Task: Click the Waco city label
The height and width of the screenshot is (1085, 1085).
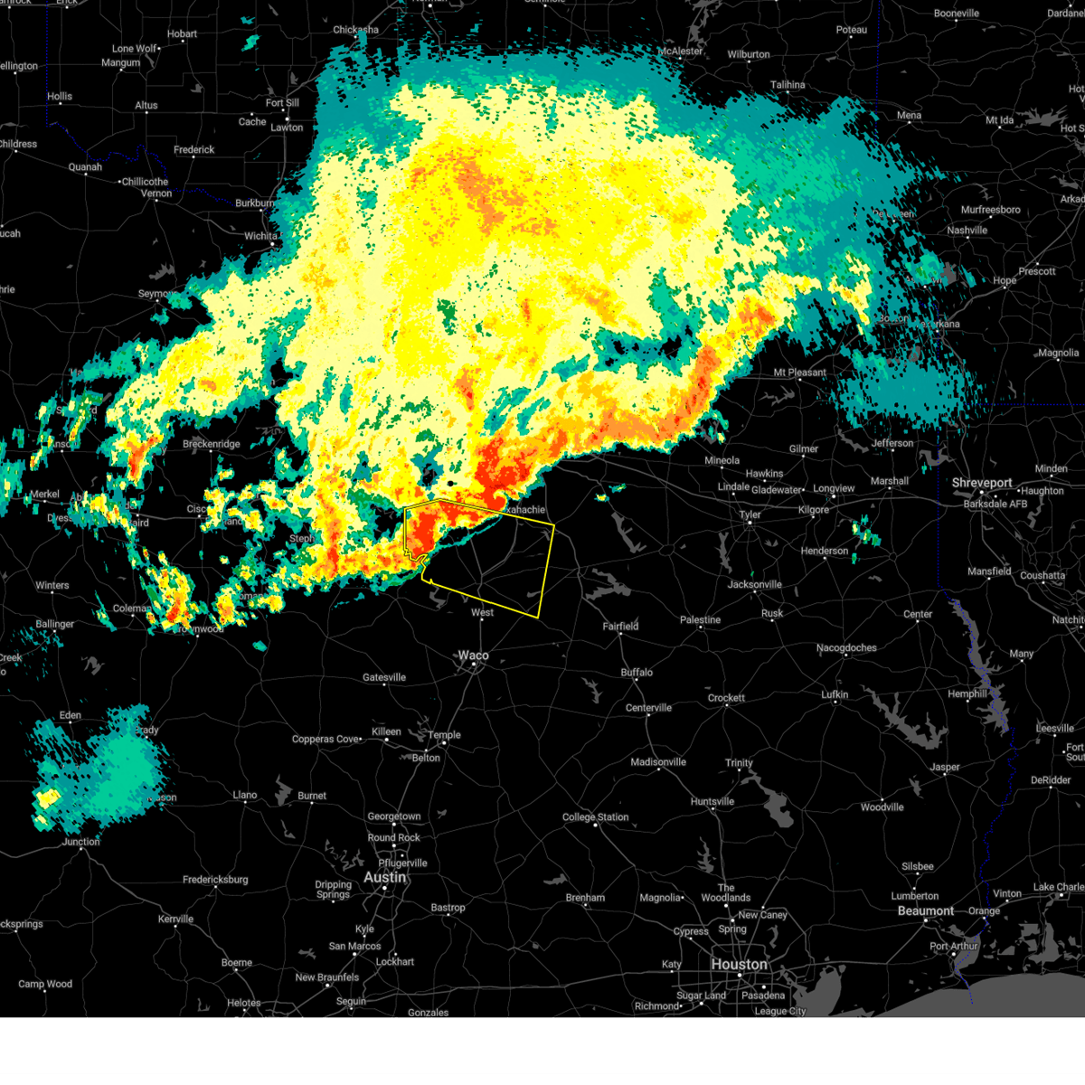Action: point(473,656)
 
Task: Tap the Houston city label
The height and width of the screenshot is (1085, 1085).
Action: point(739,964)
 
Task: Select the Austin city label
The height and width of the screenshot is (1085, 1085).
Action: point(385,877)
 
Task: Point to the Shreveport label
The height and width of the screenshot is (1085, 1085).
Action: point(982,483)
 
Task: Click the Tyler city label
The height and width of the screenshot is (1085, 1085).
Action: point(750,514)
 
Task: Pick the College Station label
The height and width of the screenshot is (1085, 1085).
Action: point(595,816)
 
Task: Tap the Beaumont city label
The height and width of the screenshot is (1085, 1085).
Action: point(925,910)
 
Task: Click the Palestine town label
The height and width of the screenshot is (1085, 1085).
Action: point(700,619)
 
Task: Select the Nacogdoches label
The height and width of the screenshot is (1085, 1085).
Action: point(846,647)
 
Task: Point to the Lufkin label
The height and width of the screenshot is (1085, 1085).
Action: point(835,694)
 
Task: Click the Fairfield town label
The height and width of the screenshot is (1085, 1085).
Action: point(620,626)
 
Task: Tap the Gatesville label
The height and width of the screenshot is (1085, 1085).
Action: point(384,677)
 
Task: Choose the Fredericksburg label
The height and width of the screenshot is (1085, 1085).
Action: point(215,879)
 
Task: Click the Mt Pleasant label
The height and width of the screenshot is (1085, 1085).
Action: point(799,372)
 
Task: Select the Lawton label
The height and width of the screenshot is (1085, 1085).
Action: point(287,127)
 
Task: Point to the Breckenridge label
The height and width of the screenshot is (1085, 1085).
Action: point(212,444)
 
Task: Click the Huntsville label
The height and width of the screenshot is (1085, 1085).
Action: point(712,801)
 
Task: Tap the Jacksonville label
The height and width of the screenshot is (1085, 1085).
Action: point(754,584)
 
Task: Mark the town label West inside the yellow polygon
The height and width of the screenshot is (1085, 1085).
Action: point(482,612)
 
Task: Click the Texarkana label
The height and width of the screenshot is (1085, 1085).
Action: point(936,324)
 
